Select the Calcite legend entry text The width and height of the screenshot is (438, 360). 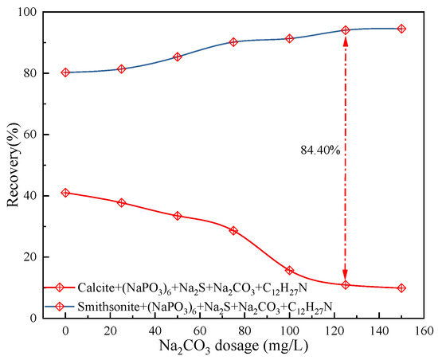pos(182,288)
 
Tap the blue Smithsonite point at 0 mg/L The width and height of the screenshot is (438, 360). pos(65,72)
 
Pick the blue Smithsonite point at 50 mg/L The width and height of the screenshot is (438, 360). pos(178,57)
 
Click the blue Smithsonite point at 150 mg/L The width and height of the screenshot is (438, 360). pos(401,29)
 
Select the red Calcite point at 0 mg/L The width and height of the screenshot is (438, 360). pos(65,193)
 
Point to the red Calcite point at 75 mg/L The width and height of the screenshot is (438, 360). pos(233,230)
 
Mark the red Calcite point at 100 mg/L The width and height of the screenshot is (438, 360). pos(290,271)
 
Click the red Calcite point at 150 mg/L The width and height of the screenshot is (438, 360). pos(401,288)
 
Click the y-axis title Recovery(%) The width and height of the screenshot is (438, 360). pos(14,165)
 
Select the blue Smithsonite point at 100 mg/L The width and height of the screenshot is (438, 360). pos(290,38)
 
